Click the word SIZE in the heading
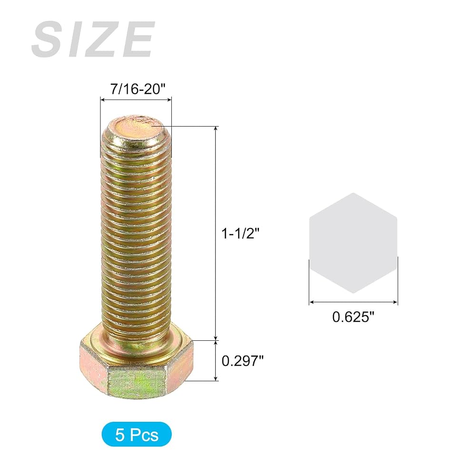click(93, 39)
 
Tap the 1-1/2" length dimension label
click(241, 234)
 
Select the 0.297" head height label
click(243, 361)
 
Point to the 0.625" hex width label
click(353, 317)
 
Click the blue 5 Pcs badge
click(137, 434)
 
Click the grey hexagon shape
click(353, 243)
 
